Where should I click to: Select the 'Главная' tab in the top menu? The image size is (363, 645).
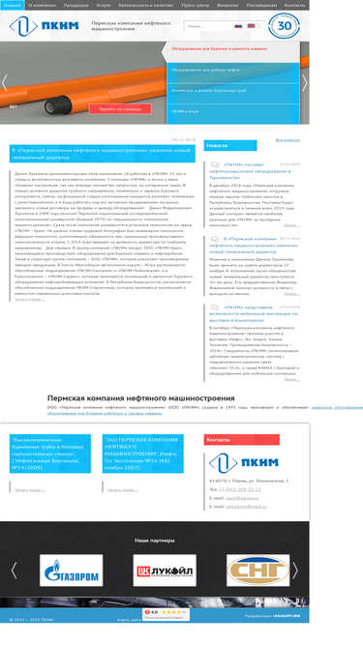12,5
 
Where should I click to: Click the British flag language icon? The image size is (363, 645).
264,26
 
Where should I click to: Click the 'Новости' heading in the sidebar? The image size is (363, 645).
218,145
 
